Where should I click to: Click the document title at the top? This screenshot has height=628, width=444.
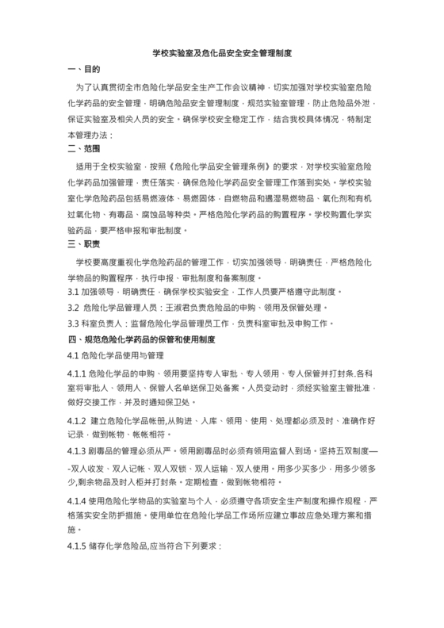click(222, 53)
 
